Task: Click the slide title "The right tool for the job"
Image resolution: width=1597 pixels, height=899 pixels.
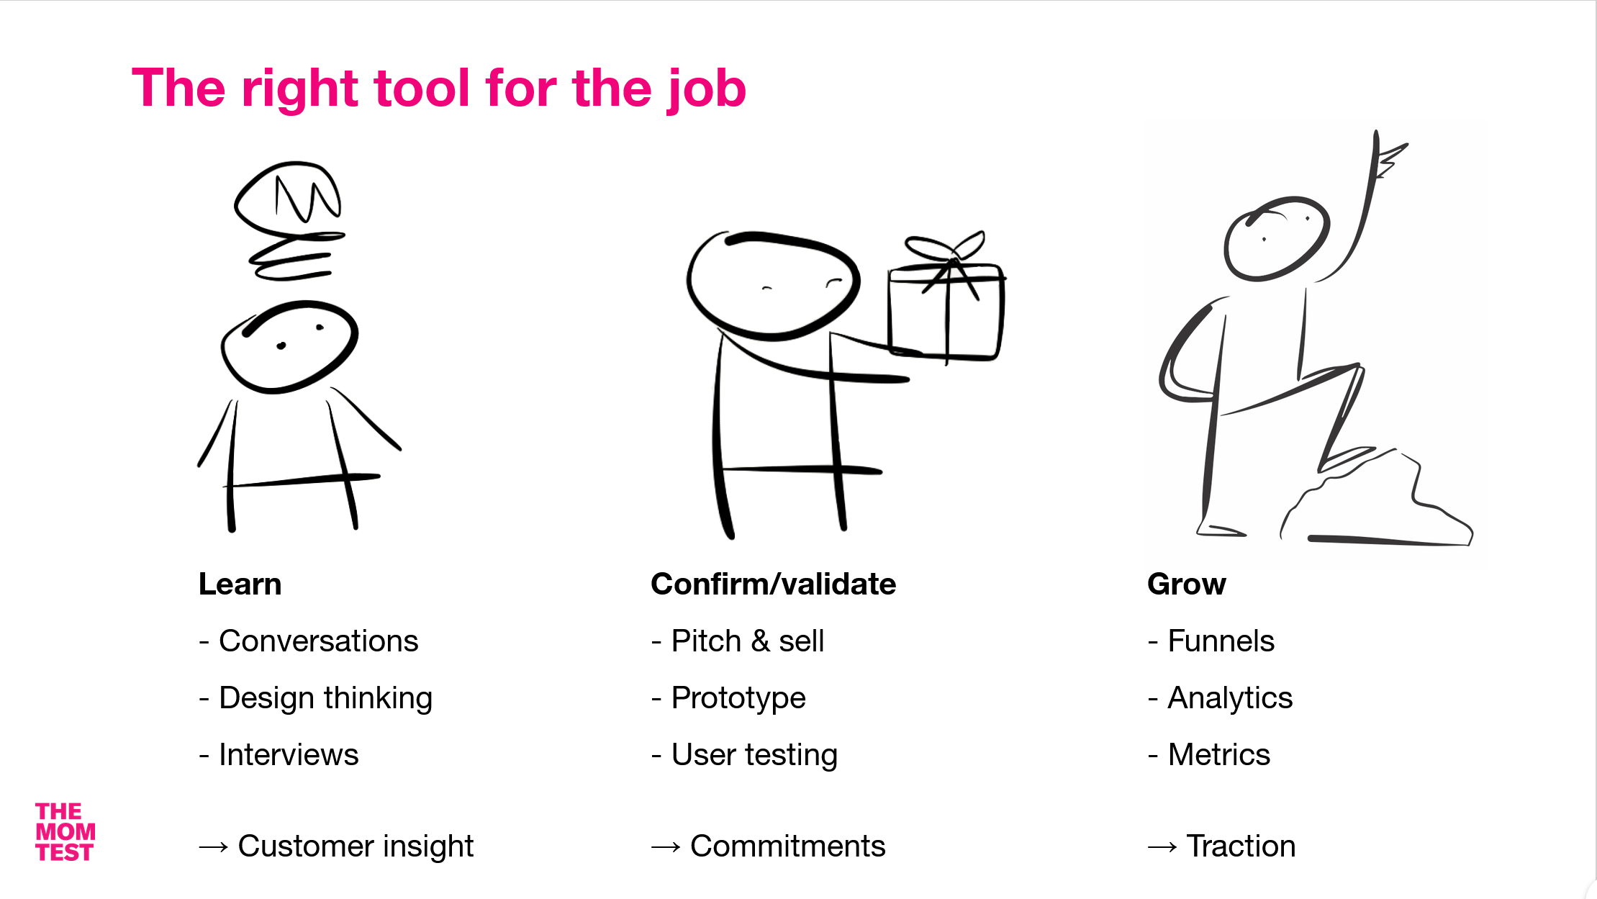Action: point(439,89)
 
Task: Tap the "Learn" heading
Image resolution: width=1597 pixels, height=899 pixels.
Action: point(240,584)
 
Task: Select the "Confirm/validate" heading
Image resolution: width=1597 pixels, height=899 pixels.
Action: point(773,584)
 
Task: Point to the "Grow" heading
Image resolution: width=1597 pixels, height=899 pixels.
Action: point(1186,584)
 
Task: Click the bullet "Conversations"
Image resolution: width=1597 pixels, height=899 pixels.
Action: point(318,641)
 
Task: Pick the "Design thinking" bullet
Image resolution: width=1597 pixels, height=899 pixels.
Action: point(325,698)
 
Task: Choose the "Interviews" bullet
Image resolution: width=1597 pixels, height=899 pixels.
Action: point(288,754)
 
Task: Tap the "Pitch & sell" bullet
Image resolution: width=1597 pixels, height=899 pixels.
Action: point(747,641)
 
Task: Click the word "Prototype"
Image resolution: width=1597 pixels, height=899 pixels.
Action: point(738,698)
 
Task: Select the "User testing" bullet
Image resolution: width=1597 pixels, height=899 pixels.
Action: point(754,754)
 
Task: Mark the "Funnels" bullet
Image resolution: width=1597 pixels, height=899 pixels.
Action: point(1221,641)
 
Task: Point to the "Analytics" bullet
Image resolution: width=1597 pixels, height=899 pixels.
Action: point(1230,698)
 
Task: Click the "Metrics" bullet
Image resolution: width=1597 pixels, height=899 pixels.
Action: point(1218,754)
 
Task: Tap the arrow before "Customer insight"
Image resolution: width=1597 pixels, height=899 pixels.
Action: point(214,847)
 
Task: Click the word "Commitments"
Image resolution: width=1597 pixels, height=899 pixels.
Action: point(787,846)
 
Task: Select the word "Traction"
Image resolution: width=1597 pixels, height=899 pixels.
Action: point(1241,846)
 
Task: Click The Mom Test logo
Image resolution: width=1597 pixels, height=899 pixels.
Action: point(65,832)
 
